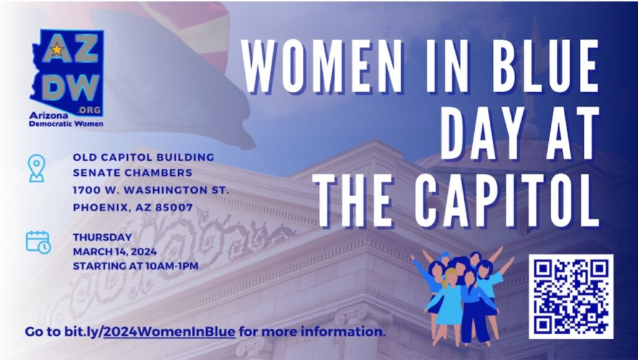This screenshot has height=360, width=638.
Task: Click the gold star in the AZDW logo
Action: coord(57,49)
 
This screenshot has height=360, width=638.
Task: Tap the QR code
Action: coord(571,296)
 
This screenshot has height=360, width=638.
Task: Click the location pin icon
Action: coord(37,168)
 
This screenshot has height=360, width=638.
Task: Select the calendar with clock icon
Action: coord(38,242)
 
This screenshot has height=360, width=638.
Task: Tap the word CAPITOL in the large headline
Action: coord(509,201)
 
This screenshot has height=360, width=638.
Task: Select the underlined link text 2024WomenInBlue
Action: coord(169,332)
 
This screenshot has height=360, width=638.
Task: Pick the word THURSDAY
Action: coord(103,237)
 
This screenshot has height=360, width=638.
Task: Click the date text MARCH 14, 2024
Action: coord(115,252)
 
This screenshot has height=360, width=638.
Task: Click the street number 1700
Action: coord(84,190)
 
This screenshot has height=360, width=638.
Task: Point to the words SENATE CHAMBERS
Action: coord(133,173)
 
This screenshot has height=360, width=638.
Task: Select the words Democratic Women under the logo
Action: coord(66,124)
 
